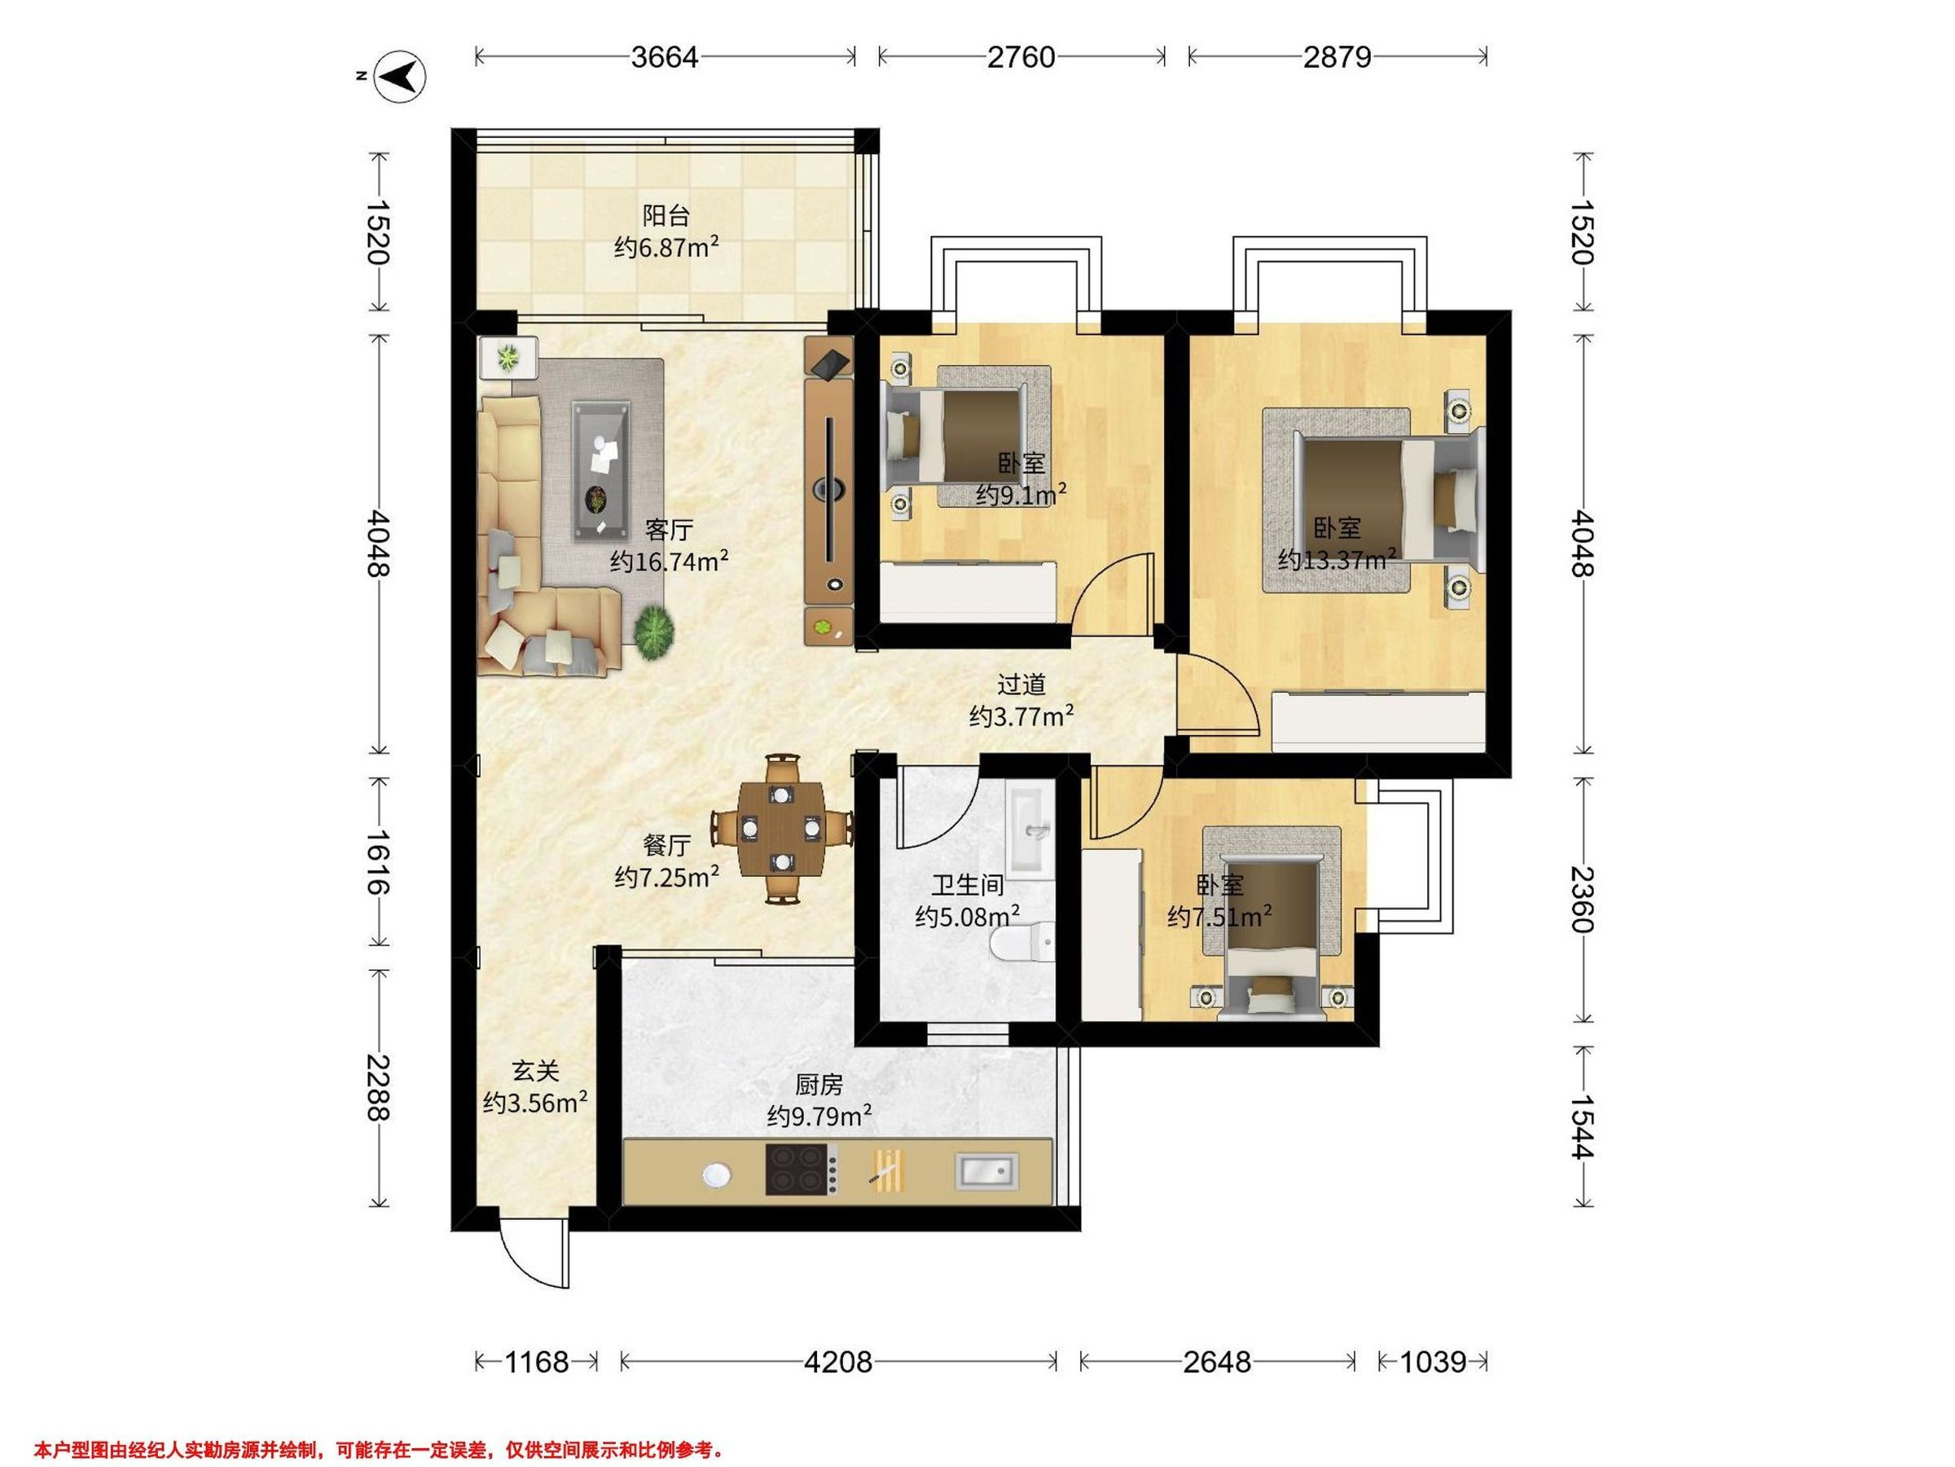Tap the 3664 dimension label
(x=665, y=58)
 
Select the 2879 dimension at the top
(x=1338, y=58)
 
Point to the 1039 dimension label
(x=1433, y=1362)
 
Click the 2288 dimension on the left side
(x=379, y=1088)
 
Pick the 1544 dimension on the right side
(x=1582, y=1126)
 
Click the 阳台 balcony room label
(x=666, y=215)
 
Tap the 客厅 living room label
(x=669, y=530)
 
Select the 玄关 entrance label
(x=536, y=1071)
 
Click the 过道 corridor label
(x=1021, y=684)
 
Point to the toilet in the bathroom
(x=1022, y=944)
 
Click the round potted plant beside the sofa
(x=654, y=632)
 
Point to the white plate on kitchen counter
(x=717, y=1174)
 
